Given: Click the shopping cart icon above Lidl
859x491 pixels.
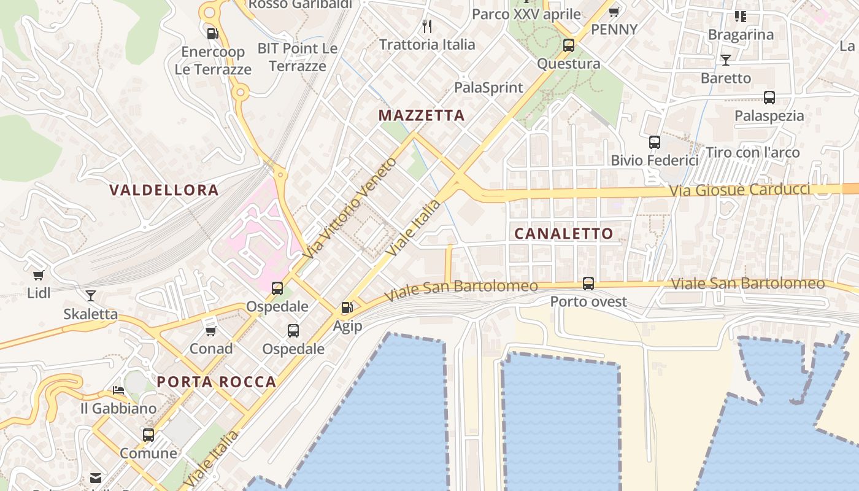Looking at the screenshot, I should [39, 276].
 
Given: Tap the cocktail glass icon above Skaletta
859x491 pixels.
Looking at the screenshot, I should [91, 296].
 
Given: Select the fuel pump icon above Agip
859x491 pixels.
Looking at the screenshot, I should [347, 307].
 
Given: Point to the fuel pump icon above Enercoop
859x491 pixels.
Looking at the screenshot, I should [212, 34].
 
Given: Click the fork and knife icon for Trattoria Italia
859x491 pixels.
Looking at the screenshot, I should [427, 26].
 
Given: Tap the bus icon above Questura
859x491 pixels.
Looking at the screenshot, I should [569, 45].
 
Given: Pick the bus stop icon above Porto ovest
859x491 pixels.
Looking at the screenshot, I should [588, 284].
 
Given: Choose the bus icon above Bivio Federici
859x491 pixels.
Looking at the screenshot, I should [655, 142].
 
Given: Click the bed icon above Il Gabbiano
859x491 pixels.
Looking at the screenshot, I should [118, 390].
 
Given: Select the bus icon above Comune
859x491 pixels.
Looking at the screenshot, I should [148, 435].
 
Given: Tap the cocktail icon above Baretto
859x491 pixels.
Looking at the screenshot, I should [726, 60].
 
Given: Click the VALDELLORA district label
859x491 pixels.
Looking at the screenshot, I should [164, 190].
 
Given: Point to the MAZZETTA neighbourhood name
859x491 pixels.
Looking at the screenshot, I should [422, 115].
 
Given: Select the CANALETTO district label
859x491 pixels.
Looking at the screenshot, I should [563, 233].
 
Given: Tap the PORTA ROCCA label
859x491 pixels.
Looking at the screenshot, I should [217, 382].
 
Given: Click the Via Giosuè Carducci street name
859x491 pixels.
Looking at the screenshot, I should [739, 190].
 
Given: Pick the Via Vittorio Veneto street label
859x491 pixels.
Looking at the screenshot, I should [350, 208].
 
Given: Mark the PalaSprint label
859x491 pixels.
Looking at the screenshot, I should [488, 88].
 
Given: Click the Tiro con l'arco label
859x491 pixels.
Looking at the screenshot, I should [753, 152].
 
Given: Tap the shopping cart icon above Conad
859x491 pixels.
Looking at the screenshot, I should [211, 331].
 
